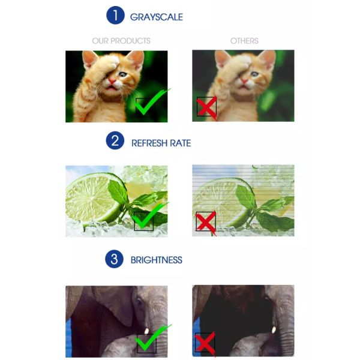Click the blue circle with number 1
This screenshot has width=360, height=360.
pyautogui.click(x=115, y=15)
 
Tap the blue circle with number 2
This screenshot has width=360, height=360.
pyautogui.click(x=115, y=140)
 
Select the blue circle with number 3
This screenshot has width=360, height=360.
pyautogui.click(x=115, y=259)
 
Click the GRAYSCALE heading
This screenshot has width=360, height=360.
pyautogui.click(x=157, y=17)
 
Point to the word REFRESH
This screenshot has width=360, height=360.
pyautogui.click(x=149, y=143)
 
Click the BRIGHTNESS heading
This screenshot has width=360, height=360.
pyautogui.click(x=157, y=260)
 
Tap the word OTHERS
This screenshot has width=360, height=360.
pyautogui.click(x=244, y=41)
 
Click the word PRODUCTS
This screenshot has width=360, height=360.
pyautogui.click(x=132, y=41)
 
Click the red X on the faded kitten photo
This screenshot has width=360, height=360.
pyautogui.click(x=206, y=107)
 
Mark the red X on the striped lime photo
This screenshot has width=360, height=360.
pyautogui.click(x=206, y=222)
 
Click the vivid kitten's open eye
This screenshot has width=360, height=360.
pyautogui.click(x=123, y=74)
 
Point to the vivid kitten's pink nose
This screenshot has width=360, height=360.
pyautogui.click(x=112, y=81)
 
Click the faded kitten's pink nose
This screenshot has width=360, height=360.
pyautogui.click(x=244, y=81)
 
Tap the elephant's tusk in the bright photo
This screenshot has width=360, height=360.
pyautogui.click(x=146, y=331)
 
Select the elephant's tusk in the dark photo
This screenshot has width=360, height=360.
pyautogui.click(x=274, y=330)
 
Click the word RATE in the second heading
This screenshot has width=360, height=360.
pyautogui.click(x=181, y=143)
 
